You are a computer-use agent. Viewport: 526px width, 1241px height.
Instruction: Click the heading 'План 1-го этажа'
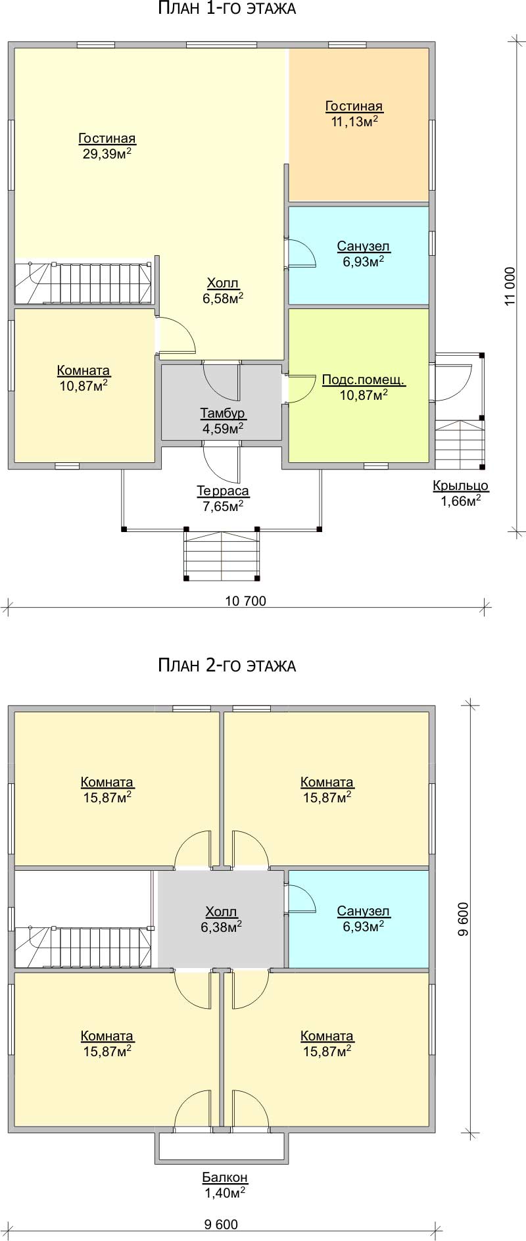pyautogui.click(x=227, y=9)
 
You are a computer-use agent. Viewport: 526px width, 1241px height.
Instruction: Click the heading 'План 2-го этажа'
pyautogui.click(x=227, y=666)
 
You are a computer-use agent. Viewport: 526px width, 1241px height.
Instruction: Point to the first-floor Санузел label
pyautogui.click(x=364, y=247)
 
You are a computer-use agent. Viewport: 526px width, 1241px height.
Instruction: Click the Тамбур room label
pyautogui.click(x=223, y=413)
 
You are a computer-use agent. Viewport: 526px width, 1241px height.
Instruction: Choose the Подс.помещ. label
pyautogui.click(x=364, y=380)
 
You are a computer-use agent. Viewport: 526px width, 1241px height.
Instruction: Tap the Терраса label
pyautogui.click(x=223, y=491)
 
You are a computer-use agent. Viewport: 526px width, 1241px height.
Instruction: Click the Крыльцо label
pyautogui.click(x=460, y=486)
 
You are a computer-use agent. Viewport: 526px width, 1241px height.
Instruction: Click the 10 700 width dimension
pyautogui.click(x=246, y=600)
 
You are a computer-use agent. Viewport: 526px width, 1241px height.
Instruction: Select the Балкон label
pyautogui.click(x=225, y=1178)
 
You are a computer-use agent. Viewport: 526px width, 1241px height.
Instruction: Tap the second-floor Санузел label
pyautogui.click(x=364, y=912)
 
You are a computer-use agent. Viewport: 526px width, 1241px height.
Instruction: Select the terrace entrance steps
pyautogui.click(x=222, y=555)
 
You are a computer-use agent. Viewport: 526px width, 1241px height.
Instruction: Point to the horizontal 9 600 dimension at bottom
pyautogui.click(x=221, y=1225)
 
